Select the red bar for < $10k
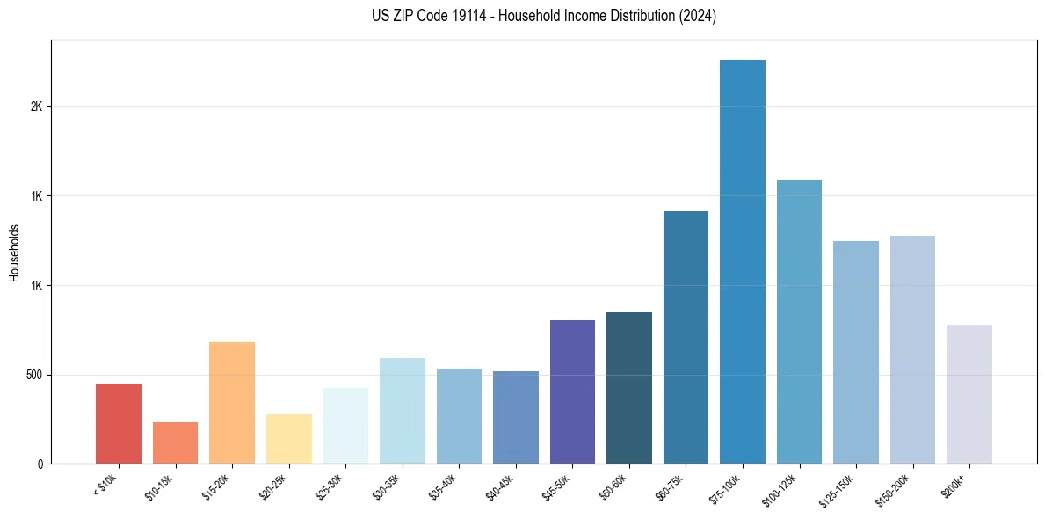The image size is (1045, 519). click(x=119, y=423)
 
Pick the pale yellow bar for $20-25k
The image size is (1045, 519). click(x=289, y=439)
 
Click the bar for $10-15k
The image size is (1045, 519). click(x=175, y=442)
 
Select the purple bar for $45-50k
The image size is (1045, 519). click(x=572, y=391)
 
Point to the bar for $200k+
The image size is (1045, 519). click(x=969, y=394)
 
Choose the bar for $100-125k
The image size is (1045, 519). click(x=799, y=322)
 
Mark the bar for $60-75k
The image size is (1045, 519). click(x=686, y=337)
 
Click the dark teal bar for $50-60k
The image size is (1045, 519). click(x=629, y=388)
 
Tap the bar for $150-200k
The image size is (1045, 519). click(x=912, y=349)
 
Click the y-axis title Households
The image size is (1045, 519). click(x=14, y=252)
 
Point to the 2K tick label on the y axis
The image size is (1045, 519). click(x=35, y=106)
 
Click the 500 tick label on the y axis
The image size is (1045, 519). click(x=33, y=375)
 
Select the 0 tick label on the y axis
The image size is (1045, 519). click(x=40, y=464)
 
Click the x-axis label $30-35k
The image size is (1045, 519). click(x=388, y=486)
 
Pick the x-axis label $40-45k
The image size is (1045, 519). click(x=501, y=486)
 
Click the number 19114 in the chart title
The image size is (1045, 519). click(x=471, y=16)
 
